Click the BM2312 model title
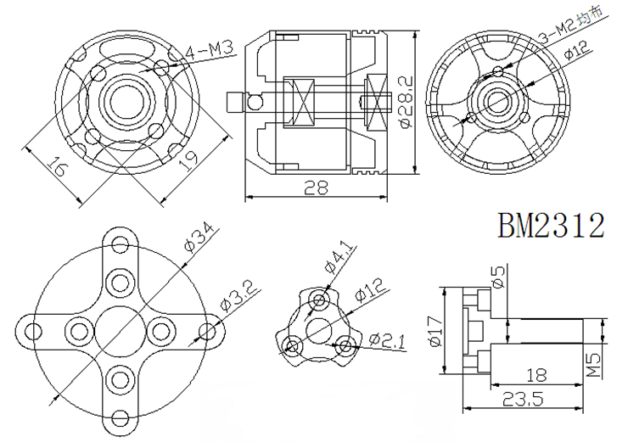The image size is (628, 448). [x=551, y=226]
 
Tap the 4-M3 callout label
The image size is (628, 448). [x=209, y=51]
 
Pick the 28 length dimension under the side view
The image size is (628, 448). [x=316, y=187]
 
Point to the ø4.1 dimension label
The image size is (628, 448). [x=339, y=258]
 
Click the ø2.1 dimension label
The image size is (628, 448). [x=386, y=341]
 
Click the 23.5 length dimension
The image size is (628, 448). [x=522, y=399]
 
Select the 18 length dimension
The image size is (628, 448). [x=536, y=376]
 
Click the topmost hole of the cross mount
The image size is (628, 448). [x=121, y=244]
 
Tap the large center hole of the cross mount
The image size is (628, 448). [x=121, y=331]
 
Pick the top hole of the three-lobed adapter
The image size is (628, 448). [x=319, y=300]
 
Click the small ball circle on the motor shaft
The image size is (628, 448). [x=253, y=103]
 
